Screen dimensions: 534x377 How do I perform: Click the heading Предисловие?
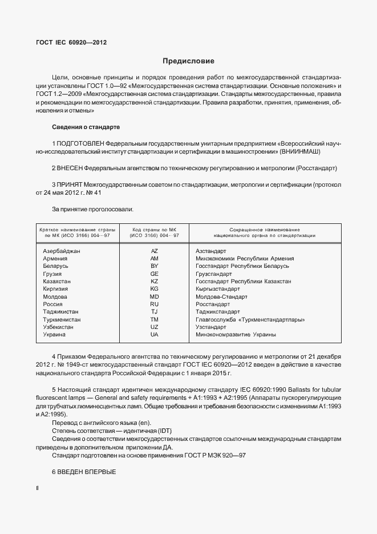point(188,61)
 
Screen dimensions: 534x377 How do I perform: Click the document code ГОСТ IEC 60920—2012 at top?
point(71,42)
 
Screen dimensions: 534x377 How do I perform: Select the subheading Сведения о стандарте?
point(86,126)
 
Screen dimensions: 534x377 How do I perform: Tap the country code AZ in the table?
point(154,251)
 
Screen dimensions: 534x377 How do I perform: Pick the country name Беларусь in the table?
point(55,266)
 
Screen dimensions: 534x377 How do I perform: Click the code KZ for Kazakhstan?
point(154,282)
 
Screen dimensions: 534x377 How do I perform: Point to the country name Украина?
point(54,334)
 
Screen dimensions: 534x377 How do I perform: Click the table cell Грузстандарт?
point(213,274)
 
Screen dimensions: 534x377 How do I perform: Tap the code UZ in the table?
point(154,327)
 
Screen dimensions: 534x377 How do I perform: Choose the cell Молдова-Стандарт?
point(221,297)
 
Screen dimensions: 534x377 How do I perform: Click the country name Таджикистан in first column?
point(60,312)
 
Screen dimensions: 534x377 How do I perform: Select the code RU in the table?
point(154,304)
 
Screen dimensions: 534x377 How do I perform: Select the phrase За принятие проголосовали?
point(92,209)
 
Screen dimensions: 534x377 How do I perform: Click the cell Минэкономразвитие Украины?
point(236,334)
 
